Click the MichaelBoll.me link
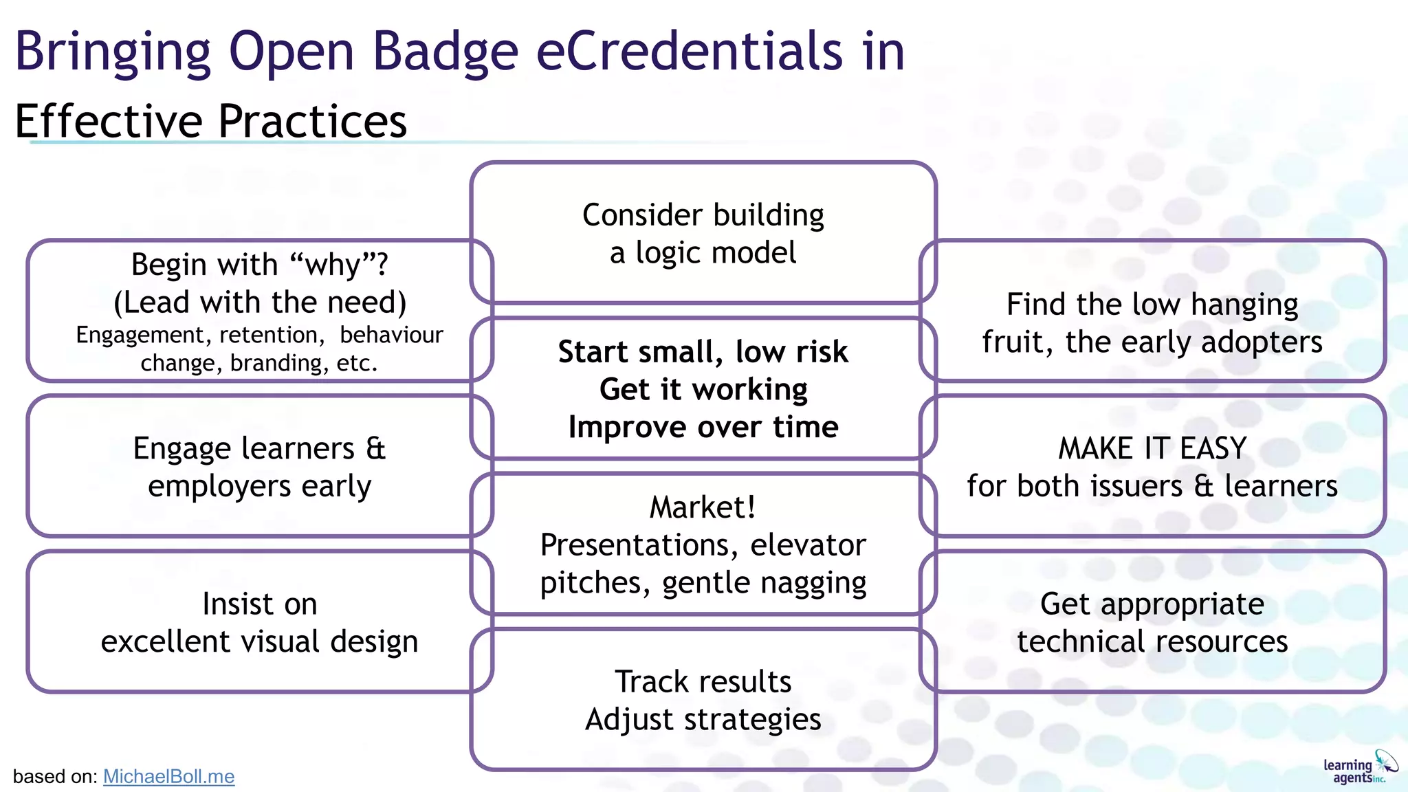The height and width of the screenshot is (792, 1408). (x=168, y=776)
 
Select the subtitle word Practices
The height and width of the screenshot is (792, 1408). (x=313, y=122)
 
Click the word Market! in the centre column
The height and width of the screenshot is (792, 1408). (x=703, y=507)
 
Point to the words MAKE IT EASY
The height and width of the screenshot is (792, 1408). (x=1152, y=448)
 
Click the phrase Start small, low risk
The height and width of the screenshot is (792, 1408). (x=703, y=352)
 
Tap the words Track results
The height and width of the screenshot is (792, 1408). (x=703, y=682)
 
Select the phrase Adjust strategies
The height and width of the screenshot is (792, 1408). (x=703, y=720)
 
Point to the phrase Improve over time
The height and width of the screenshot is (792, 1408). (x=703, y=427)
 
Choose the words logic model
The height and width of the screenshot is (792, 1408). (x=715, y=253)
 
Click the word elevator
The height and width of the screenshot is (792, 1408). (x=807, y=545)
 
